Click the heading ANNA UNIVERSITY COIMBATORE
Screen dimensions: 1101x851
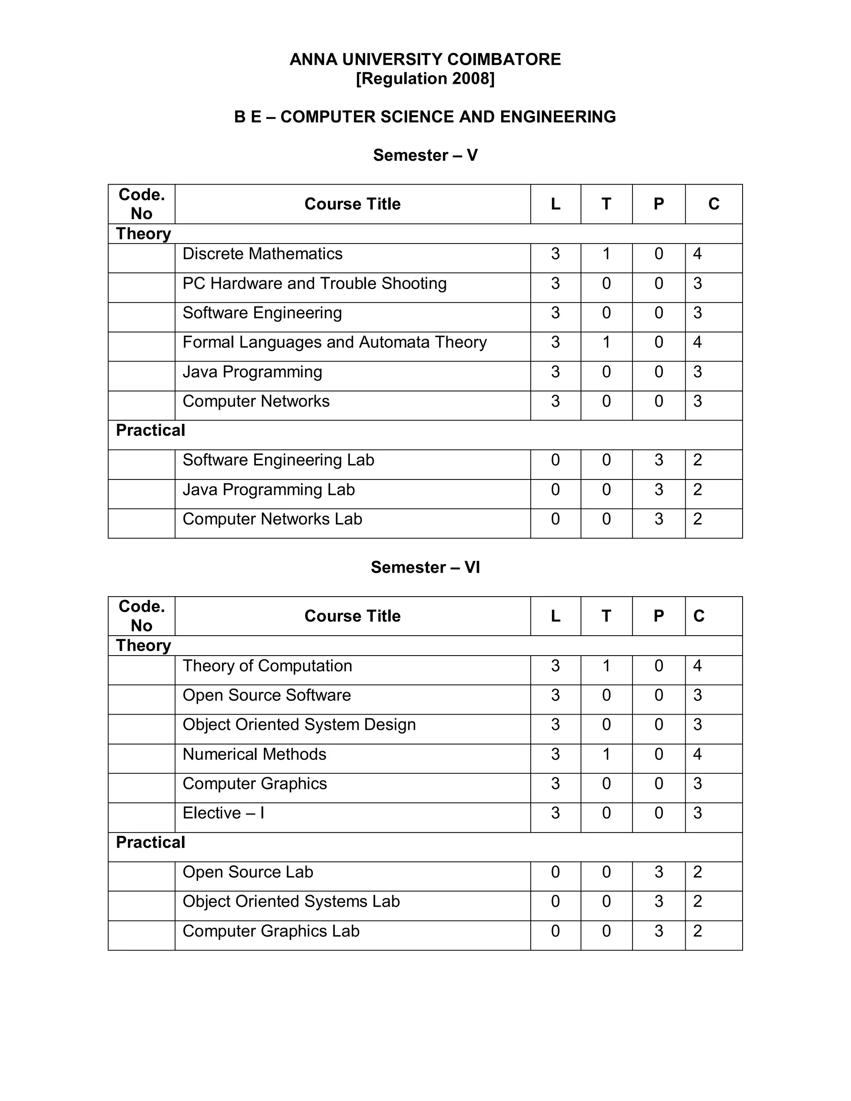coord(425,59)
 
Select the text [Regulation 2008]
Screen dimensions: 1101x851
coord(425,79)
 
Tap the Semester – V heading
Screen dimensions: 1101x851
coord(425,155)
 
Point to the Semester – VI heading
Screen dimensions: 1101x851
coord(425,567)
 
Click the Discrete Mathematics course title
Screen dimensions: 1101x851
coord(262,253)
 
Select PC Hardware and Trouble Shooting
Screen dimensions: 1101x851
coord(314,283)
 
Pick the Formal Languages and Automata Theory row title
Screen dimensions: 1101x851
coord(334,342)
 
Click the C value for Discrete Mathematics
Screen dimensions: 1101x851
coord(697,253)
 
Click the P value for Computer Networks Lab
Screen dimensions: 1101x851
coord(659,519)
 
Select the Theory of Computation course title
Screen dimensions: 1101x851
coord(267,666)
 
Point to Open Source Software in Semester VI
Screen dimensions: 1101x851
coord(266,695)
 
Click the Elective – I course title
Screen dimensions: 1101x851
coord(223,813)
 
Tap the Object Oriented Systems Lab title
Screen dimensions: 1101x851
coord(291,902)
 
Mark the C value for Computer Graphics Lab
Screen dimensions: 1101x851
coord(697,931)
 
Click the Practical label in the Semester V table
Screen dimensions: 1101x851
coord(150,430)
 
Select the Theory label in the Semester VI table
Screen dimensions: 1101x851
coord(143,646)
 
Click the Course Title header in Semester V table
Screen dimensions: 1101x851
coord(352,204)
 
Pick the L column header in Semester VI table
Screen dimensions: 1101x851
coord(555,616)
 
